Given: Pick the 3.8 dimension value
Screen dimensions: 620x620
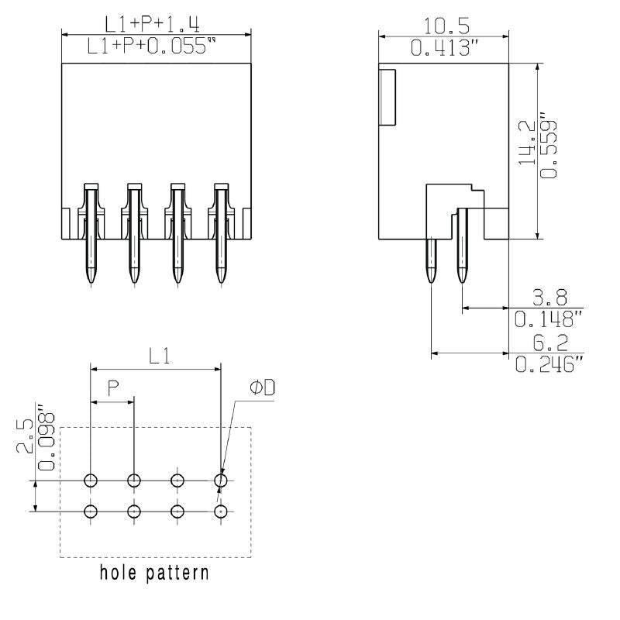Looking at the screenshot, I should [550, 297].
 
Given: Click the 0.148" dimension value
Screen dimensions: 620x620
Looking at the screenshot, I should [549, 319].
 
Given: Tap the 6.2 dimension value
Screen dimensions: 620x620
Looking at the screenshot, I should [550, 342].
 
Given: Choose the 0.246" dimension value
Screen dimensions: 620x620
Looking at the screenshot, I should [549, 364].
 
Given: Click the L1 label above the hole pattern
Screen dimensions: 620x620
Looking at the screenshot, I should [159, 356].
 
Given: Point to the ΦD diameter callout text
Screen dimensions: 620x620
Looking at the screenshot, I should [262, 388].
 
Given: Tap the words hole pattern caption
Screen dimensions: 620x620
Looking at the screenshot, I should [154, 574].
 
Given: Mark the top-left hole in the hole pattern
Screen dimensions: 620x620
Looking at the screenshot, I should [91, 481].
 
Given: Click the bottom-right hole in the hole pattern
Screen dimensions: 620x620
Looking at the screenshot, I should [222, 511].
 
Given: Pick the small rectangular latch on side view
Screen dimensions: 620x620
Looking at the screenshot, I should [386, 96].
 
